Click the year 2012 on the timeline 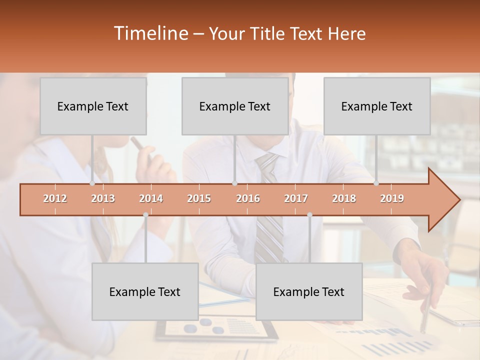tap(55, 198)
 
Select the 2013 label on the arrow tap(103, 198)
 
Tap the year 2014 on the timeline tap(151, 198)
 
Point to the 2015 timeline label tap(199, 198)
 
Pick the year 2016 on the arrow tap(248, 198)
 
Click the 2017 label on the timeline tap(296, 198)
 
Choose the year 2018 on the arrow tap(344, 198)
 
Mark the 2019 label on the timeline tap(392, 198)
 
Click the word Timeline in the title tap(150, 33)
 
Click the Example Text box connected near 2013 tap(93, 106)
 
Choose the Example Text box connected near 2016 tap(235, 106)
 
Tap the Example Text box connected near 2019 tap(377, 106)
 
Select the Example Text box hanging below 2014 tap(145, 291)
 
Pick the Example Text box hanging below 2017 tap(309, 291)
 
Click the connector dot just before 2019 tap(376, 183)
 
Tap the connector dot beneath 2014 tap(145, 214)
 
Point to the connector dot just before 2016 tap(234, 183)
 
